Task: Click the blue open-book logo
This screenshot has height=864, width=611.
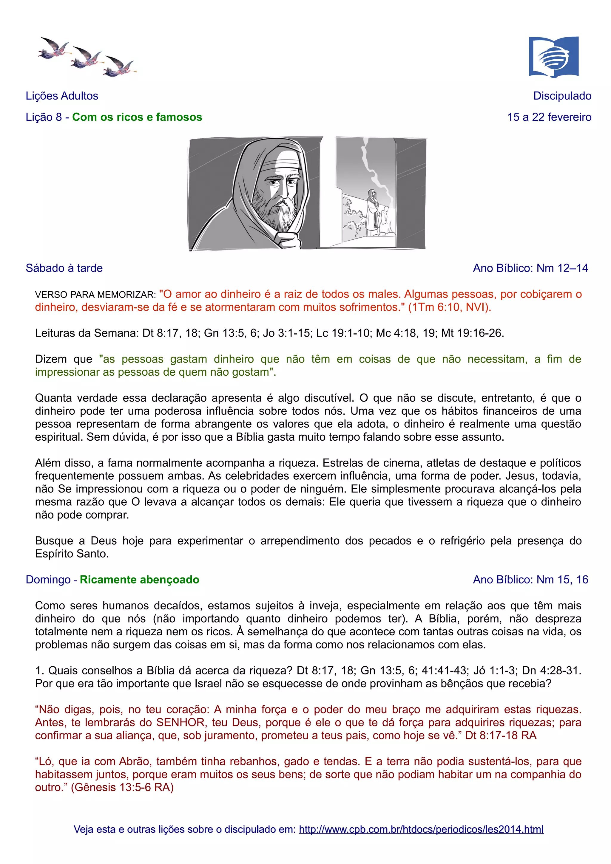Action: click(553, 57)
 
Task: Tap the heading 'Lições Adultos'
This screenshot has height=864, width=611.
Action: click(62, 96)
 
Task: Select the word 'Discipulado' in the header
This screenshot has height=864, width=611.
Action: click(562, 96)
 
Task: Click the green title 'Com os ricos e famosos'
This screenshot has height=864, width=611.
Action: click(137, 117)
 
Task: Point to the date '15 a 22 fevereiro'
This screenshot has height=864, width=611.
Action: click(549, 117)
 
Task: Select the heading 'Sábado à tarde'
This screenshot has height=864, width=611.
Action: click(64, 268)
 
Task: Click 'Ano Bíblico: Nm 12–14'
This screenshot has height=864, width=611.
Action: click(530, 268)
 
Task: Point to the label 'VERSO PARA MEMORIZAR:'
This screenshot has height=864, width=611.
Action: click(95, 295)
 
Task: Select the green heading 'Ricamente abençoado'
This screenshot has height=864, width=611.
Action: click(139, 580)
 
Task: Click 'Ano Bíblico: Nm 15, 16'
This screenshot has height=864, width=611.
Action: click(530, 580)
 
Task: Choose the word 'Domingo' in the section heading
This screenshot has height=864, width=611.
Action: click(48, 580)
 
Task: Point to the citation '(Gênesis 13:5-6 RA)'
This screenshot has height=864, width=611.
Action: click(122, 787)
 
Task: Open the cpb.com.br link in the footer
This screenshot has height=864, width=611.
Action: click(421, 829)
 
